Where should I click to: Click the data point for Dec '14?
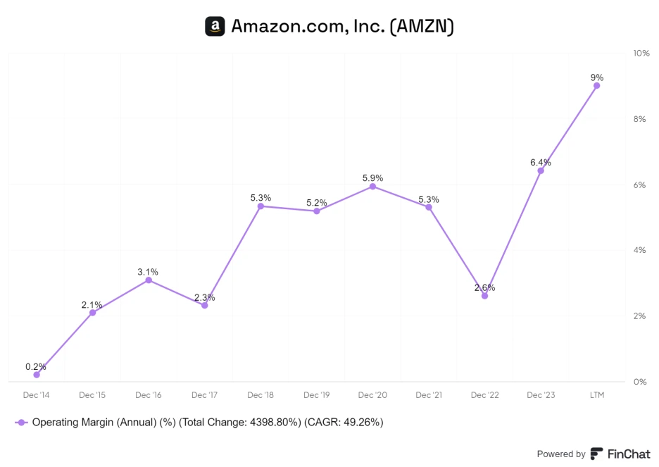[x=36, y=375]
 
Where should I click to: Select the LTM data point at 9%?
[x=596, y=85]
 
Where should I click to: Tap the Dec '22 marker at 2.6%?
[x=484, y=296]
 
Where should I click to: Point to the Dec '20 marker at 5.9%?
[x=372, y=187]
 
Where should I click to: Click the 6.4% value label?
[x=541, y=162]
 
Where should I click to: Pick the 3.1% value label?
[x=148, y=271]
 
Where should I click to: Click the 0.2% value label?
[x=36, y=366]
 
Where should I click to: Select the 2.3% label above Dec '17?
[x=204, y=297]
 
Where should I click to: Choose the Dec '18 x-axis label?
[x=260, y=395]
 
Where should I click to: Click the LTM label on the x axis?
[x=596, y=395]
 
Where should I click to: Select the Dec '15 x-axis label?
[x=92, y=395]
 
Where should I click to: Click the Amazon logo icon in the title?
[x=215, y=27]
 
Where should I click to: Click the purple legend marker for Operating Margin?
[x=21, y=423]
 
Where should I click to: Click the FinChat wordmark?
[x=628, y=454]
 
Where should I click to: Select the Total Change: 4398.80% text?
[x=241, y=423]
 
